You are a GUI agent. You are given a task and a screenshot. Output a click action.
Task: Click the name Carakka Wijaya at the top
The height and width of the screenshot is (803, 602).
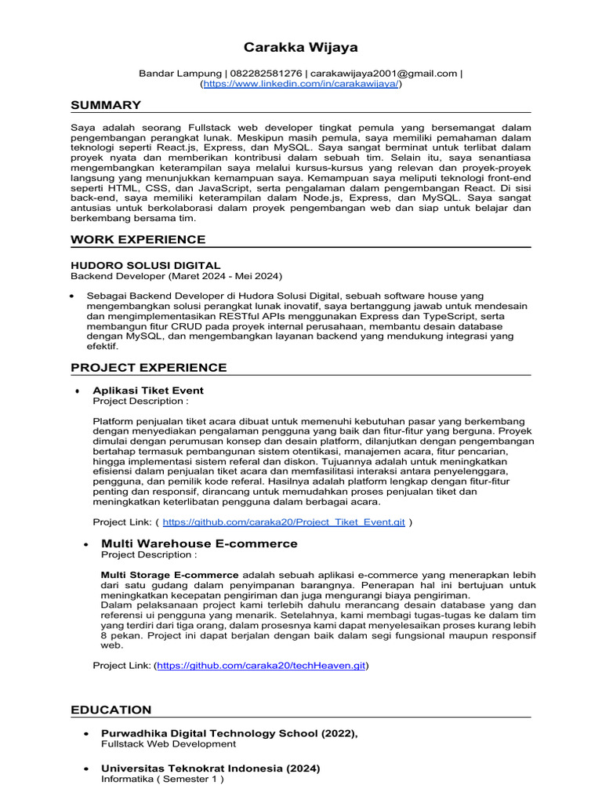pos(300,48)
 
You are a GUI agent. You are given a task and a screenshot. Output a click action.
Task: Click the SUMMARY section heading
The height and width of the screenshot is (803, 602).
pos(106,105)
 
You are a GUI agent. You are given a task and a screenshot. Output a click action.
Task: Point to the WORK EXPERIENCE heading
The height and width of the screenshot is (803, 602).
pos(138,239)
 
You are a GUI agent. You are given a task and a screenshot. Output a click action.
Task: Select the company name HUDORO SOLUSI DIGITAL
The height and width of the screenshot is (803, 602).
pos(146,266)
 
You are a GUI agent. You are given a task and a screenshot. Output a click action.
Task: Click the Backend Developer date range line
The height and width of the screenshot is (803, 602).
pos(176,277)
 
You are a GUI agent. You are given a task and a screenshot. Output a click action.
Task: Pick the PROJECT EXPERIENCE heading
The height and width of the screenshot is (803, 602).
pos(149,368)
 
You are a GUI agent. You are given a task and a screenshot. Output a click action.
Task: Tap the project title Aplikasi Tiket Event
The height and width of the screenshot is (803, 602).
pos(148,391)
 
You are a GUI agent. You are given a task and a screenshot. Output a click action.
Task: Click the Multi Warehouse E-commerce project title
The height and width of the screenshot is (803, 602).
pos(199,543)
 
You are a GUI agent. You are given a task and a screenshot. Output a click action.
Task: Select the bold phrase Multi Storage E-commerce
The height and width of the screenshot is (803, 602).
pos(170,575)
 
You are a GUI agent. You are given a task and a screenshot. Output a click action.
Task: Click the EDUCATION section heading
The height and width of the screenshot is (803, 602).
pos(111,710)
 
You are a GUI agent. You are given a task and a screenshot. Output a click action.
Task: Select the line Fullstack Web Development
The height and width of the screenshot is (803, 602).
pos(169,743)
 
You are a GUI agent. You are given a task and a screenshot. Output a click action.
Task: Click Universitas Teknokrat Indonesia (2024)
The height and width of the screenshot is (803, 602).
pos(211,768)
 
